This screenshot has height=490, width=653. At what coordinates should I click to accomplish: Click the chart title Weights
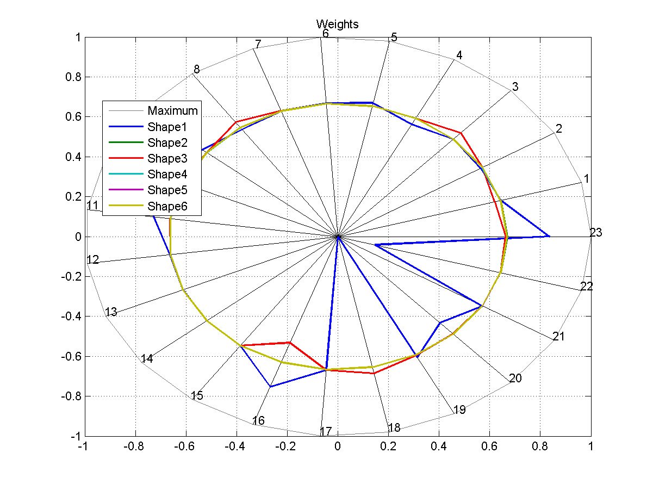pyautogui.click(x=337, y=24)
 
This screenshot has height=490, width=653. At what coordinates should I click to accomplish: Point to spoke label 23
pyautogui.click(x=596, y=233)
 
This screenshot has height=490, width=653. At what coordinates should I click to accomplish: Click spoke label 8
pyautogui.click(x=196, y=70)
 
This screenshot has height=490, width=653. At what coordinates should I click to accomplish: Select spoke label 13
pyautogui.click(x=111, y=312)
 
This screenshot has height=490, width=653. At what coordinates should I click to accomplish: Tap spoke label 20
pyautogui.click(x=515, y=379)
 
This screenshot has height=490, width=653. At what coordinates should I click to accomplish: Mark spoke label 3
pyautogui.click(x=515, y=87)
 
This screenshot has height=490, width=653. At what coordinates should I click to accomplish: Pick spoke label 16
pyautogui.click(x=258, y=420)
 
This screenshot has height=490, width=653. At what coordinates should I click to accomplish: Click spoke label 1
pyautogui.click(x=586, y=179)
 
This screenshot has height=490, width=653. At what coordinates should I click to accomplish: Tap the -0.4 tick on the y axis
pyautogui.click(x=71, y=317)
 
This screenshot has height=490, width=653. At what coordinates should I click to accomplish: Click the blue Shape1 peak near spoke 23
pyautogui.click(x=549, y=236)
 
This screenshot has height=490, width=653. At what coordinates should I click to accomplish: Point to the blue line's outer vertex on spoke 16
pyautogui.click(x=270, y=387)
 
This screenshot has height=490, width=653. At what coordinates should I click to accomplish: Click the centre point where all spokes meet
pyautogui.click(x=338, y=237)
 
